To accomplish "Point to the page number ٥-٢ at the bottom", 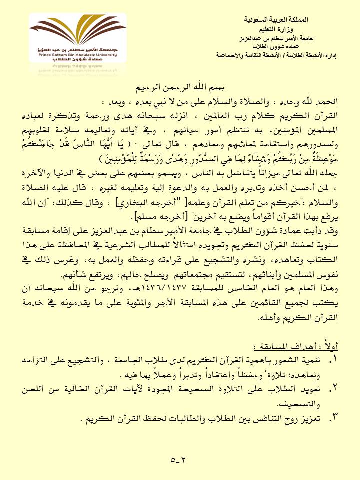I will [x=178, y=459].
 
